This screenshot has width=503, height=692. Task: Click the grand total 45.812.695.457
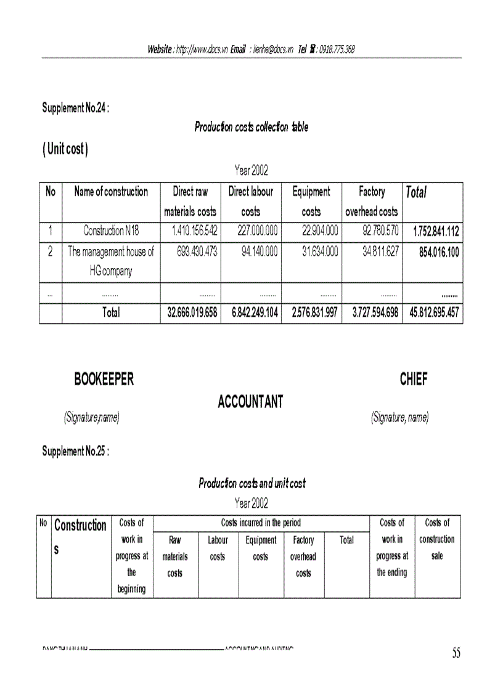click(x=434, y=313)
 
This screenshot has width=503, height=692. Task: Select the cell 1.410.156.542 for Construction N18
click(x=190, y=232)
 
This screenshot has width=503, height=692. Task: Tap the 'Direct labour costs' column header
click(x=250, y=201)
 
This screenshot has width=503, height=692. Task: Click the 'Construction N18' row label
click(x=111, y=232)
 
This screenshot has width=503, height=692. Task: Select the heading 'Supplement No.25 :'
click(x=76, y=451)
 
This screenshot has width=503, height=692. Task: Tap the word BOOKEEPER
click(x=104, y=380)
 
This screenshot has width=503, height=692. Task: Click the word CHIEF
click(x=413, y=380)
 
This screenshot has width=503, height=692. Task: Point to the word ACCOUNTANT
click(x=250, y=402)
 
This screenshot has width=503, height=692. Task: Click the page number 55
click(x=456, y=654)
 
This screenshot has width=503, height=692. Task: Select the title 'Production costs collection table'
click(x=251, y=128)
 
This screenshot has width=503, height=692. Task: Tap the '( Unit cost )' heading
click(x=65, y=150)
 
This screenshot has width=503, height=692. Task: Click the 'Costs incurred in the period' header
click(x=261, y=523)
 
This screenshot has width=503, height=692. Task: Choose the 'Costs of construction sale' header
click(x=437, y=539)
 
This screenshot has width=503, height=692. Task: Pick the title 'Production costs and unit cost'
click(x=251, y=483)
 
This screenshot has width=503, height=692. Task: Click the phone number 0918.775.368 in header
click(x=337, y=49)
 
